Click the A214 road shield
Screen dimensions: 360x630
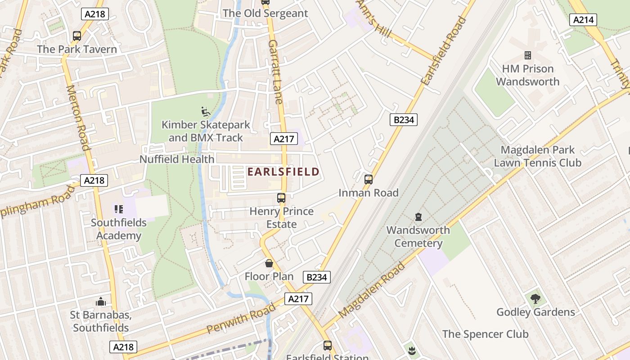pos(583,19)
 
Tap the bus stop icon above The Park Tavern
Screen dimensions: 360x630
pos(77,36)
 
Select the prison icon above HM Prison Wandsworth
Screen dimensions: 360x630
pos(528,55)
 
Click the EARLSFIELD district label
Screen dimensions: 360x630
pos(283,171)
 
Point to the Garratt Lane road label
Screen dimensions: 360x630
pos(275,71)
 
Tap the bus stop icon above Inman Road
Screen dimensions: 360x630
pos(369,180)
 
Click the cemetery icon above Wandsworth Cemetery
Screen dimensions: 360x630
pos(418,217)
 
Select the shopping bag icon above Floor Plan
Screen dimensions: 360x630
pos(269,263)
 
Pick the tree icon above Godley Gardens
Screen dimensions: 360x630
pos(535,298)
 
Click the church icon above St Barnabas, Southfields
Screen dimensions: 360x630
pos(101,301)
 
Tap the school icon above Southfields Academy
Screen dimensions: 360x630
pos(119,209)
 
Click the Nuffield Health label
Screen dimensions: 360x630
pos(177,159)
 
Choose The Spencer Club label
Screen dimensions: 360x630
pos(485,334)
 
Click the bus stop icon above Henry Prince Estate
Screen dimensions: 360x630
pos(281,198)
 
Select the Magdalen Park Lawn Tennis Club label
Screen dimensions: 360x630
pos(538,156)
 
